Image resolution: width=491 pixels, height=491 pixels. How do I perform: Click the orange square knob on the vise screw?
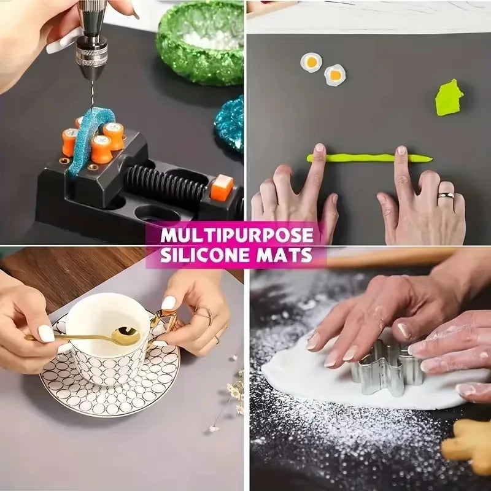(x=222, y=187)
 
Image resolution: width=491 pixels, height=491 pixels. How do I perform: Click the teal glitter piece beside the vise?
(x=230, y=123)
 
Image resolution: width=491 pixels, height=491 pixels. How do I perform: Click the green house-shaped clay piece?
(x=449, y=98)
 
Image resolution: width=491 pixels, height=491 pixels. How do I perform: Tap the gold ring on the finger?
(x=446, y=196)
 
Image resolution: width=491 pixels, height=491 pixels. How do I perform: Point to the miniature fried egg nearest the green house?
(x=335, y=75)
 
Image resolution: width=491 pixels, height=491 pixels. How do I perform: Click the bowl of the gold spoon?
(x=128, y=335)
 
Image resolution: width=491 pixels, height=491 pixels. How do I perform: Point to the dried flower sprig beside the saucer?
(x=230, y=393)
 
